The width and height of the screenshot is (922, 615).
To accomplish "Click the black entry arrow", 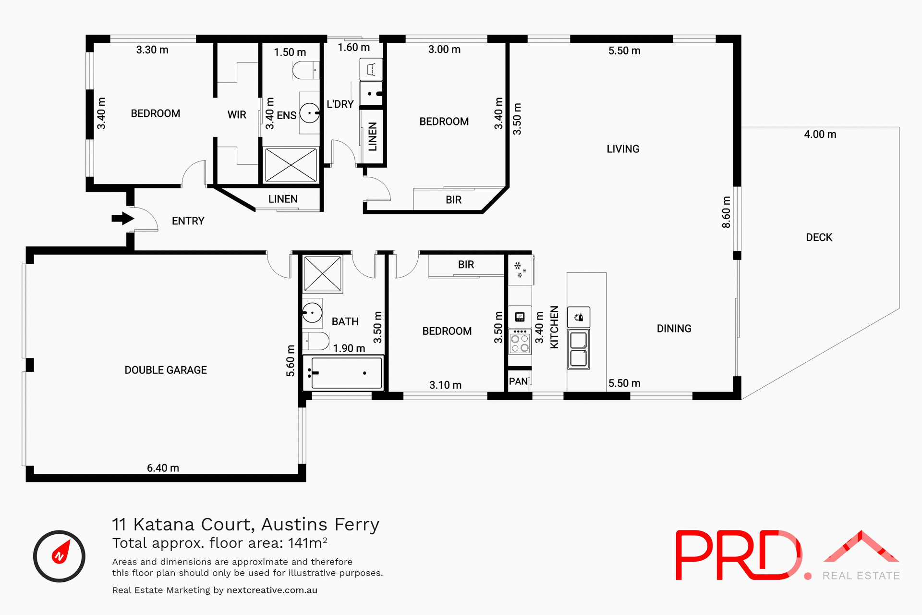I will pos(122,219).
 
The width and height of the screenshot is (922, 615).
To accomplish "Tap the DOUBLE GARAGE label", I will pos(166,370).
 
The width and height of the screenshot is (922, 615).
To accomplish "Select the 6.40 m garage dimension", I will pos(163,468).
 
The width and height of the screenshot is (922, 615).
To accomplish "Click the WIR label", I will pos(237,115).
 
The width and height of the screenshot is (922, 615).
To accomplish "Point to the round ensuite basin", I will pos(310,113).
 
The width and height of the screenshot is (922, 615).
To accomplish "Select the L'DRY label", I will pos(340,104).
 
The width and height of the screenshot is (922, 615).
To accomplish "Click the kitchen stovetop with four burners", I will pos(520,343).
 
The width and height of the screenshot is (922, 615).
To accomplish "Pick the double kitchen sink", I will pos(579,349).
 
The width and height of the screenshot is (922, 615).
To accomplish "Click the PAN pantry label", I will pos(518,381).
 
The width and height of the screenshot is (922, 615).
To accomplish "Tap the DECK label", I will pos(819,237).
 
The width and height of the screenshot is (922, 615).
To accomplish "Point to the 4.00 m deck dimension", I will pos(820,135).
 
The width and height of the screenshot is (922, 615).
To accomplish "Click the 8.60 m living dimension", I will pos(726,212).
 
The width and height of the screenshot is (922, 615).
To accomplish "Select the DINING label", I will pos(674,329).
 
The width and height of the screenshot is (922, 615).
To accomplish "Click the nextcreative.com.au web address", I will pos(272,590).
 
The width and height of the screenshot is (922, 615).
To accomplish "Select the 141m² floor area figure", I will pos(307,543).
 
